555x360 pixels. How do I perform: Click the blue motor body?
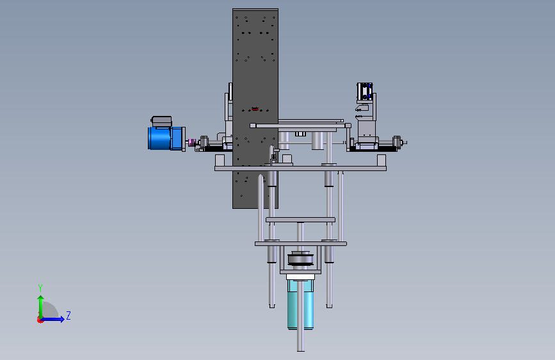166,138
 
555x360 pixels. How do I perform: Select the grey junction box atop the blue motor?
162,121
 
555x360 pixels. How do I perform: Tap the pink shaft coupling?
191,142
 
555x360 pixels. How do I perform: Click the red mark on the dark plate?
255,109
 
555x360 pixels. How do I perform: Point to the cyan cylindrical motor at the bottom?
300,304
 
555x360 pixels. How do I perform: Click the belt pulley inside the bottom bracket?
300,259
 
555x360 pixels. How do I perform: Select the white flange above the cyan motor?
300,276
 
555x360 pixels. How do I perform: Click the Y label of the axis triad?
40,288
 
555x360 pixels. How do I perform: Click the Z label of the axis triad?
68,315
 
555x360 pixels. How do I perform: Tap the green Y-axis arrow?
41,307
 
